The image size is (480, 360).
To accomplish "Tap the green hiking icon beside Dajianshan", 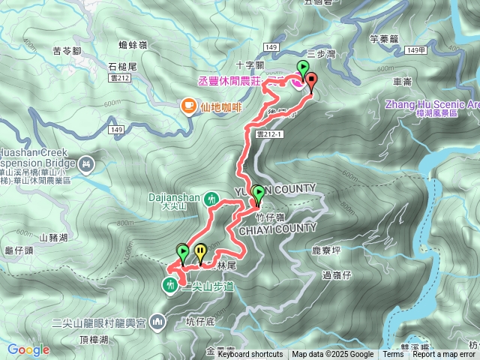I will [212, 199].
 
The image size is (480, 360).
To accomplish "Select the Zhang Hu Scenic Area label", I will [432, 104].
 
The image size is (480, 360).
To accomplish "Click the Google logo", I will [28, 349].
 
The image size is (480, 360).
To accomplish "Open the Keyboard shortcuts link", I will [250, 355].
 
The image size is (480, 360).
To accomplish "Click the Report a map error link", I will [444, 355].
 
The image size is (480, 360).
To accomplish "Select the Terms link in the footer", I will [393, 355].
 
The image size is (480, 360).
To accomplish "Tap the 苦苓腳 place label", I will [68, 51].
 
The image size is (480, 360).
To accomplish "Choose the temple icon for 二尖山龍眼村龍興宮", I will [157, 322].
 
